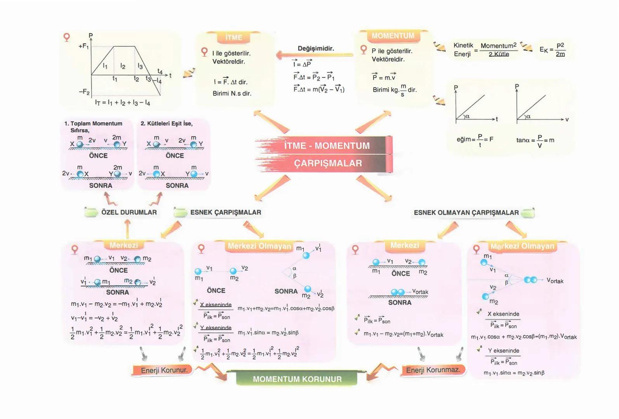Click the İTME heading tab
pyautogui.click(x=233, y=37)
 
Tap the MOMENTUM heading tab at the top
pyautogui.click(x=393, y=36)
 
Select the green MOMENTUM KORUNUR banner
pyautogui.click(x=297, y=379)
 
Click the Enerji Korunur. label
pyautogui.click(x=164, y=370)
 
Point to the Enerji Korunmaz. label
pyautogui.click(x=433, y=370)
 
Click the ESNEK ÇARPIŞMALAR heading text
pyautogui.click(x=226, y=213)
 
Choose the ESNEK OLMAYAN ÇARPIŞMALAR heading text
pyautogui.click(x=466, y=213)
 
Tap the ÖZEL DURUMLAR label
pyautogui.click(x=129, y=213)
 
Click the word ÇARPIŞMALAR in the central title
pyautogui.click(x=328, y=163)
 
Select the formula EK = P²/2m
pyautogui.click(x=552, y=50)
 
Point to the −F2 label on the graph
pyautogui.click(x=84, y=92)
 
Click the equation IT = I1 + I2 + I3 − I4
pyautogui.click(x=122, y=103)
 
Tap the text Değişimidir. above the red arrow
pyautogui.click(x=316, y=48)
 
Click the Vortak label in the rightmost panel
pyautogui.click(x=555, y=281)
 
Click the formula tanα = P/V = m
pyautogui.click(x=535, y=140)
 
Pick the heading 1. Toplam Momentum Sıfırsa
pyautogui.click(x=93, y=126)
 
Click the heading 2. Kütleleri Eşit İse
pyautogui.click(x=167, y=123)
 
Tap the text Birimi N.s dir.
pyautogui.click(x=232, y=93)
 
